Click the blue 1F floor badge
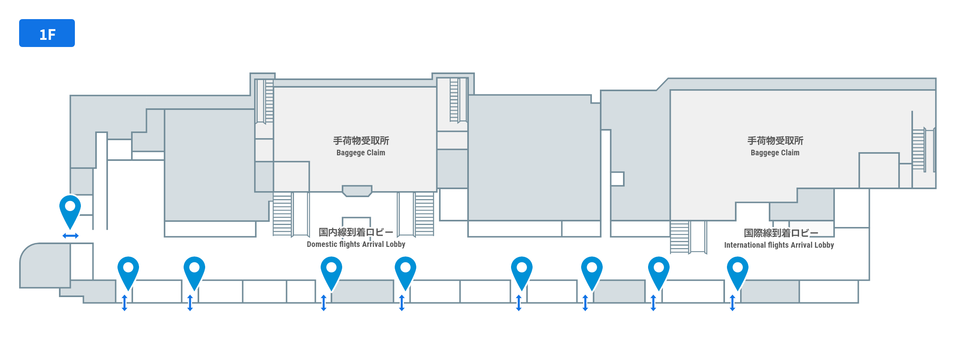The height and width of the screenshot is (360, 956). (x=47, y=33)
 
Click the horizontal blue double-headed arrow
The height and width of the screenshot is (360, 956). (x=71, y=236)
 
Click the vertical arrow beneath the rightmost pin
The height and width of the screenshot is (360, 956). (x=733, y=303)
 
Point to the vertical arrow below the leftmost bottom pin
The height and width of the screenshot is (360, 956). (x=125, y=303)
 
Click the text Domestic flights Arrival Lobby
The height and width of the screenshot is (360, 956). (x=356, y=244)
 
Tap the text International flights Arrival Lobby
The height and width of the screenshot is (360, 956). (x=779, y=245)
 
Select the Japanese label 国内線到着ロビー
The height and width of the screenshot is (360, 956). (x=356, y=232)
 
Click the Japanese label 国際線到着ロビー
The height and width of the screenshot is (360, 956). (x=781, y=233)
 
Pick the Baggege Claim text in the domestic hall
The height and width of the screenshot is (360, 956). (x=361, y=153)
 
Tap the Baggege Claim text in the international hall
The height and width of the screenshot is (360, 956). (x=775, y=153)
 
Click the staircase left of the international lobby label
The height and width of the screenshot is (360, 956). (x=680, y=237)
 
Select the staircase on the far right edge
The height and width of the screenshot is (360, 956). (x=919, y=149)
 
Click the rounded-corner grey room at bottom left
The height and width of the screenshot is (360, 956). (x=45, y=265)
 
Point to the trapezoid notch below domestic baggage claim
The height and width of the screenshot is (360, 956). (x=357, y=191)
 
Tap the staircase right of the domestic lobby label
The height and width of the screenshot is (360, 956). (x=424, y=214)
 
